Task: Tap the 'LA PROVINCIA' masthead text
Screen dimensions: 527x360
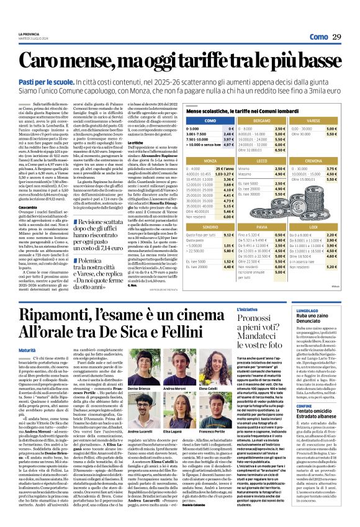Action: (x=29, y=17)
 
